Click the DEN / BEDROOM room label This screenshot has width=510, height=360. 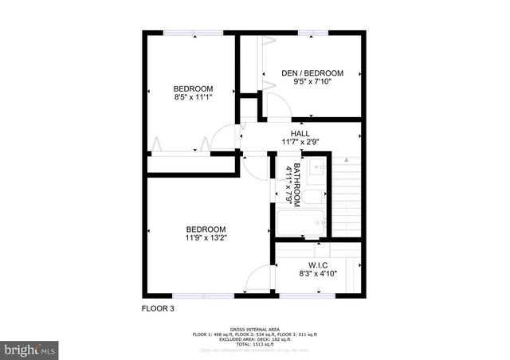[312, 73]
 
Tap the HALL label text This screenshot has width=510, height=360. [300, 133]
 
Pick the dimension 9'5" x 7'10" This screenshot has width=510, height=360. [312, 82]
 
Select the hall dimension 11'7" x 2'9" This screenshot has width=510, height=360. [300, 142]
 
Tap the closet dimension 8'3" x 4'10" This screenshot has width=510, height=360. [318, 273]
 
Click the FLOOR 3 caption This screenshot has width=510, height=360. [158, 308]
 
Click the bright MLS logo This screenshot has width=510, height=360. [29, 349]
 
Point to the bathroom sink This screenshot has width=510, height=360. [315, 166]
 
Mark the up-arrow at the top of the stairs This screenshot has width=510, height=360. [346, 160]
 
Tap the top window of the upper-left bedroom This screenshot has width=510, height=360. [194, 32]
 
